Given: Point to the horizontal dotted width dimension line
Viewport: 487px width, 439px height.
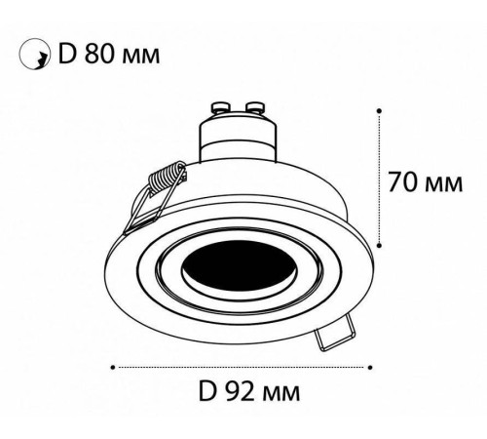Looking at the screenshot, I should pyautogui.click(x=243, y=367).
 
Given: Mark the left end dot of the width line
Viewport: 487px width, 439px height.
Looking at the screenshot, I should pyautogui.click(x=115, y=367).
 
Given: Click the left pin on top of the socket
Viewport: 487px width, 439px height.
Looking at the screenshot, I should pyautogui.click(x=219, y=105).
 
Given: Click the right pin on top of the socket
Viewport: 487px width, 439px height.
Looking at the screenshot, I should pyautogui.click(x=258, y=105).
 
